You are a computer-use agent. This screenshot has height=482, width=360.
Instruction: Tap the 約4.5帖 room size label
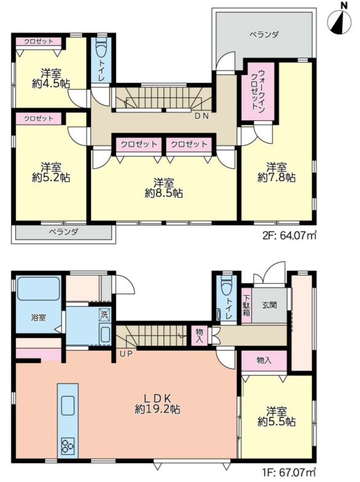coord(51,84)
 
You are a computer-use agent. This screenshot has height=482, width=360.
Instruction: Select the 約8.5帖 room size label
coord(164,193)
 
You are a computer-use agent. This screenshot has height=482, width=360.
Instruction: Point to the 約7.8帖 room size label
coord(276,177)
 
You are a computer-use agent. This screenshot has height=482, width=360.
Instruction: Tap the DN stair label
coord(202,116)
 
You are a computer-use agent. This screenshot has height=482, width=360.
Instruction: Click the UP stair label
coord(126,354)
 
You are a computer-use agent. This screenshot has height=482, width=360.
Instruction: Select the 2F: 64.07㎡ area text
coord(289,236)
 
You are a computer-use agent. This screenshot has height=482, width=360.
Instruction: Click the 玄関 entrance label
coord(269,305)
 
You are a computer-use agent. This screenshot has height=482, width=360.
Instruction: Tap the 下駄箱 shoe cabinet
coord(246,305)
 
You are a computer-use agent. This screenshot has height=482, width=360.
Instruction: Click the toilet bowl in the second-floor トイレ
coord(101,47)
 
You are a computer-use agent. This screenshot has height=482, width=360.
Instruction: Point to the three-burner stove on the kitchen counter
coord(68,446)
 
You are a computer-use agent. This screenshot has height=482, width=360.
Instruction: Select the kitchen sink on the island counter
coord(68,405)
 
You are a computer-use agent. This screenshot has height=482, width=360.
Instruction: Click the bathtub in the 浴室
coord(39,289)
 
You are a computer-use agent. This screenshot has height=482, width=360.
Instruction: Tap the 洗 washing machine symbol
coord(104,314)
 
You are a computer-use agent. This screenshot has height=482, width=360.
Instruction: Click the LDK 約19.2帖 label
coord(157,403)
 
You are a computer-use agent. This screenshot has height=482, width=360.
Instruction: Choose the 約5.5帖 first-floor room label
coord(276,416)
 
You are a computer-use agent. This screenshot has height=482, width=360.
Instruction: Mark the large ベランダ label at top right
coord(264,34)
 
